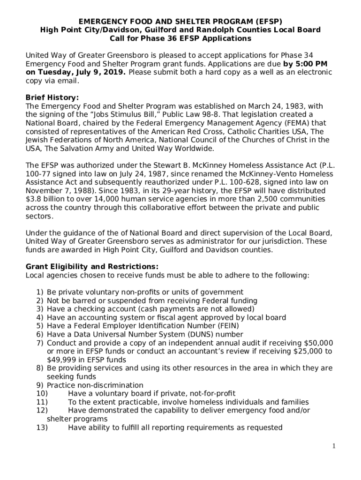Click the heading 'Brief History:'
pyautogui.click(x=52, y=97)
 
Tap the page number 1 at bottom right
pyautogui.click(x=334, y=446)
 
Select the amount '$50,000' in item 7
pyautogui.click(x=318, y=343)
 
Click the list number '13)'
pyautogui.click(x=42, y=427)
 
